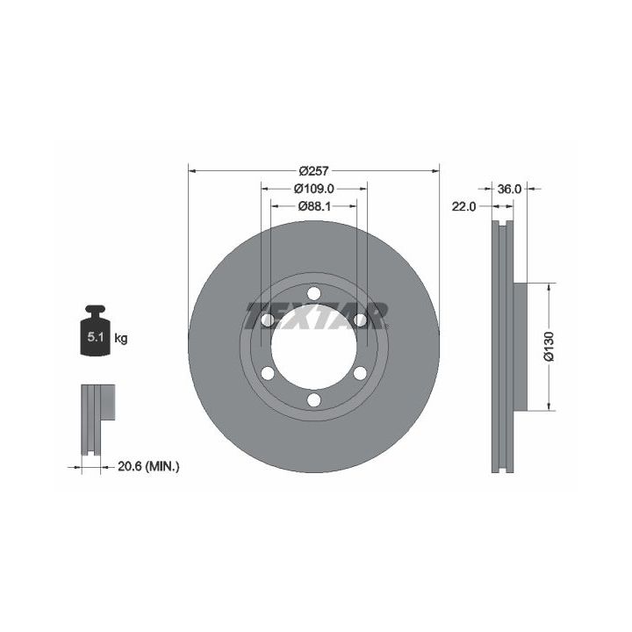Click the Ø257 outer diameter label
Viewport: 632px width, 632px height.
(313, 171)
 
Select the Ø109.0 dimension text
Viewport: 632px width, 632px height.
(313, 188)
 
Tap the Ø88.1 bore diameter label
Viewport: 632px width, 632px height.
(314, 206)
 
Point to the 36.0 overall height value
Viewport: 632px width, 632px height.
(509, 189)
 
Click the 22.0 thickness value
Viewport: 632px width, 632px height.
(463, 207)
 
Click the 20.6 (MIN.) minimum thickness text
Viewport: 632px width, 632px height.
(148, 467)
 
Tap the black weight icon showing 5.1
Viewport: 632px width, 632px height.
(96, 331)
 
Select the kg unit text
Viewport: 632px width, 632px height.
(121, 338)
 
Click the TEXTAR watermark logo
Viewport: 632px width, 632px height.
(317, 316)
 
